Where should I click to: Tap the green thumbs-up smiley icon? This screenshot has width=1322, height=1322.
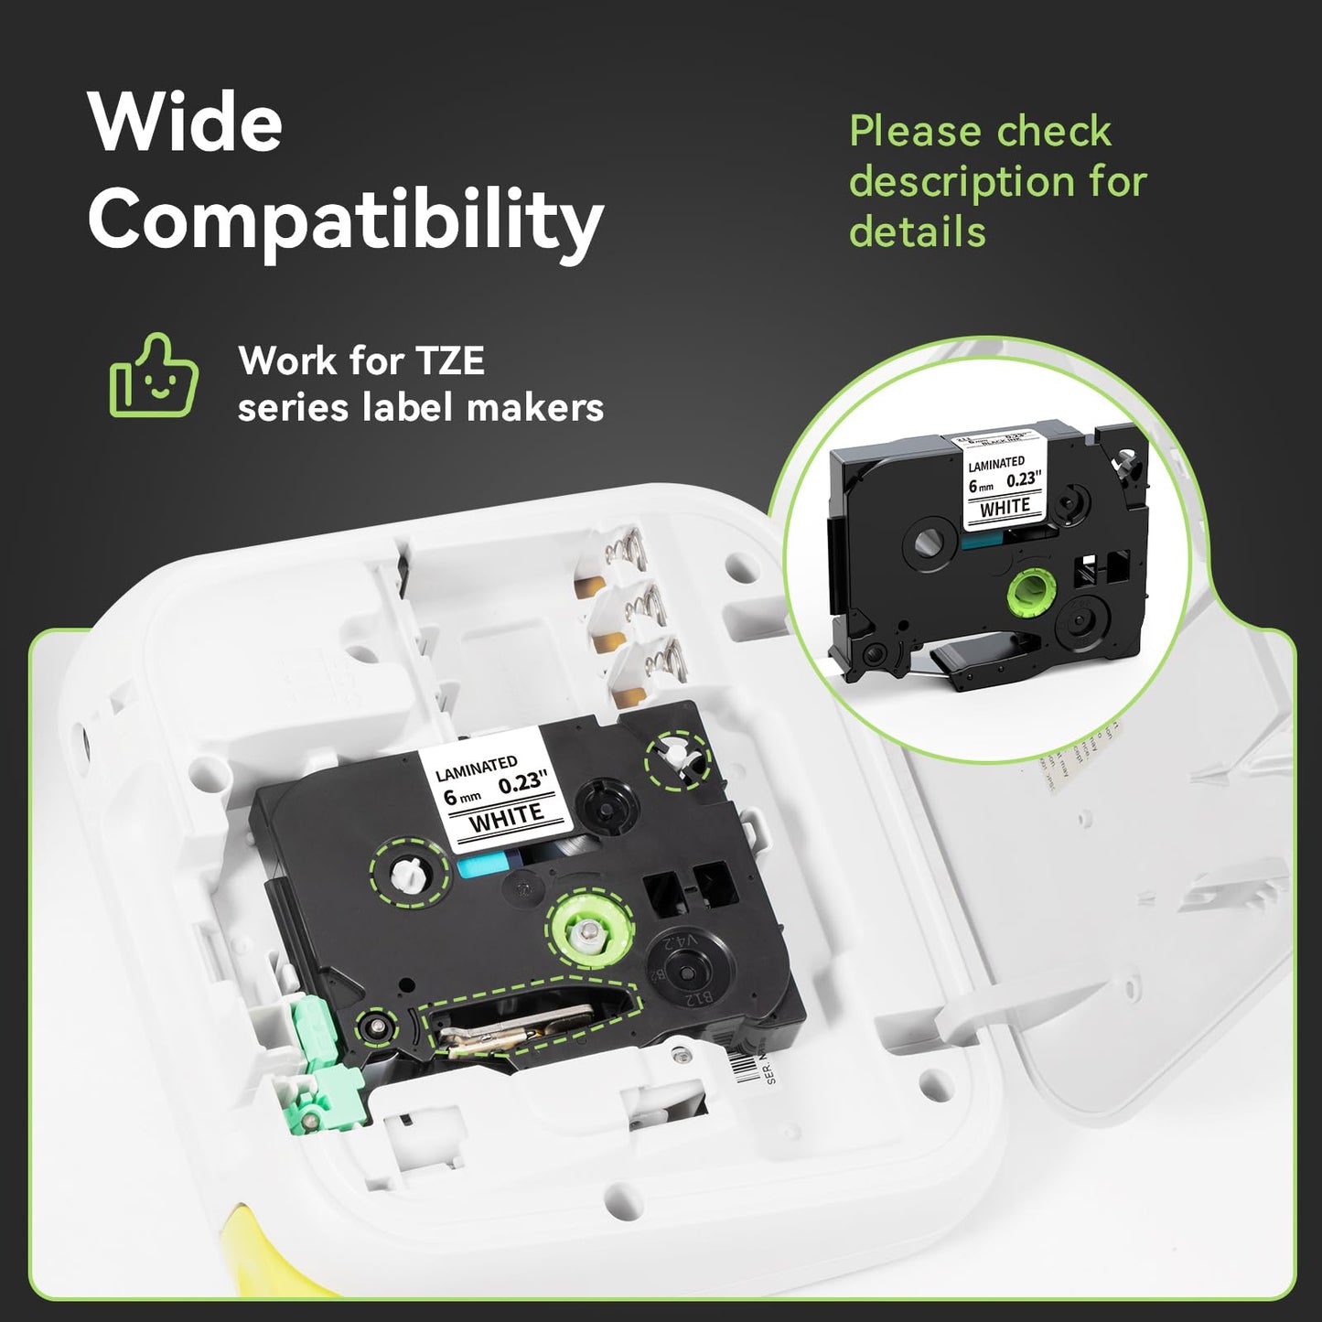154,376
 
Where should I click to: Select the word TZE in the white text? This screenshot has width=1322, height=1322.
449,360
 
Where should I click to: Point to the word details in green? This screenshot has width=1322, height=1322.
917,231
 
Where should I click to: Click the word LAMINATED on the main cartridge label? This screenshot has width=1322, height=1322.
476,768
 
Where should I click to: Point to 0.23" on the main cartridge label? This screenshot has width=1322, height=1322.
522,782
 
